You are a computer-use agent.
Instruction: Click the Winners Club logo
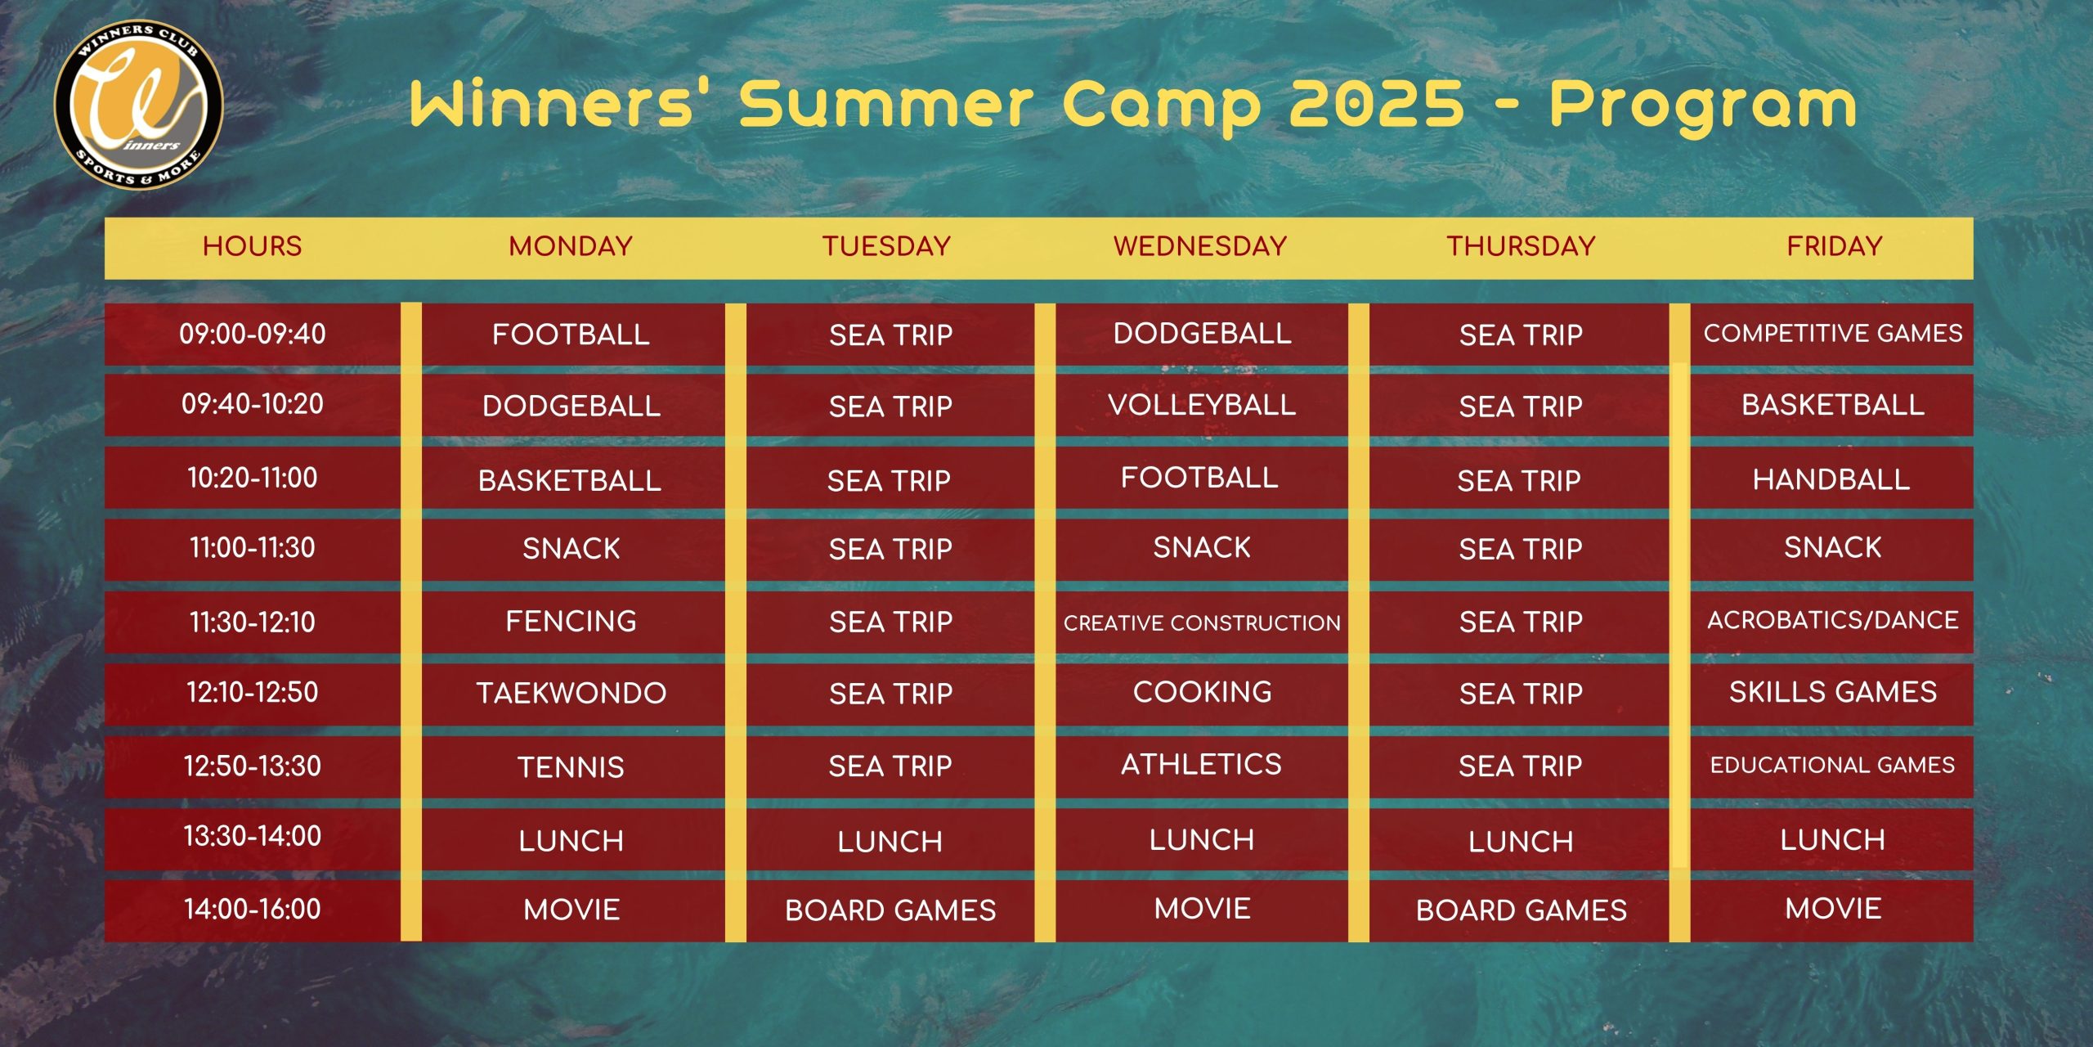(x=139, y=105)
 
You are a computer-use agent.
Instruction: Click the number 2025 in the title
(x=1377, y=104)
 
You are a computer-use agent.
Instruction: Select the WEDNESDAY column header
(x=1200, y=246)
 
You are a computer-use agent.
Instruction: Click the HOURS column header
(x=253, y=246)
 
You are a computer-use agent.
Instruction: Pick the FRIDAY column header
(x=1835, y=246)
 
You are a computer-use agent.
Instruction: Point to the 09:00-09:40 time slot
(x=253, y=334)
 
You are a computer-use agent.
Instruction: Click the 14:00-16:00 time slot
(x=253, y=909)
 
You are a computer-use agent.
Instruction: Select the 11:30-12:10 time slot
(x=253, y=622)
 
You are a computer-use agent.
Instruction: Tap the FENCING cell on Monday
(x=571, y=622)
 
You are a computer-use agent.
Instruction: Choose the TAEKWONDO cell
(x=571, y=694)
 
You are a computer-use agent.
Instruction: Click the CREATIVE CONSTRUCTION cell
(x=1202, y=623)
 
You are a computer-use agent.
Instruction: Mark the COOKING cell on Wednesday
(x=1202, y=692)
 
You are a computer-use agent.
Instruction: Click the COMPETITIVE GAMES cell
(x=1833, y=333)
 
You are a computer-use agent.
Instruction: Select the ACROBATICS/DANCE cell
(x=1833, y=620)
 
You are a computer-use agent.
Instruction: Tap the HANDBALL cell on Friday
(x=1831, y=479)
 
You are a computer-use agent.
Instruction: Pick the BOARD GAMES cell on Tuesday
(x=890, y=910)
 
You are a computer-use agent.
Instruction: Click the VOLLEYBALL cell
(x=1202, y=405)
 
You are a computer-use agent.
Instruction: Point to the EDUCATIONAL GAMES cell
(x=1833, y=765)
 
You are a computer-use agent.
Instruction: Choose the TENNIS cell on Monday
(x=571, y=767)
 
